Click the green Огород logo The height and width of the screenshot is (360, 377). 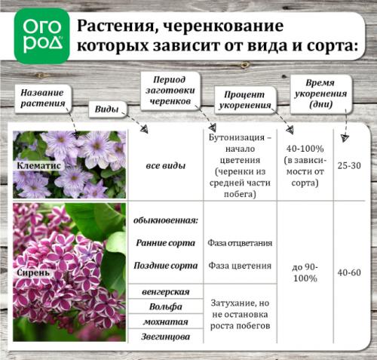tap(41, 34)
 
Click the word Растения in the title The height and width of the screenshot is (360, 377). tap(123, 25)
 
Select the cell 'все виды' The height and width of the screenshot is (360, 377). tap(166, 164)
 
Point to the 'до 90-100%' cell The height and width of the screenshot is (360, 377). tap(305, 272)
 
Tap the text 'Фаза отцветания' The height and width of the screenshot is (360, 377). tap(240, 244)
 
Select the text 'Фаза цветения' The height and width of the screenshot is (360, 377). tap(240, 266)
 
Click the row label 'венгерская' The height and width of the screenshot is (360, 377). tap(165, 291)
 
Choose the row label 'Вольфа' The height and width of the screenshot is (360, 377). tap(165, 306)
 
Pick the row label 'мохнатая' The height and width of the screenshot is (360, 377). tap(165, 322)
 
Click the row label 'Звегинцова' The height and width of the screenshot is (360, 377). tap(165, 337)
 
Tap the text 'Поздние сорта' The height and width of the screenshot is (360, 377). tap(167, 266)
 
